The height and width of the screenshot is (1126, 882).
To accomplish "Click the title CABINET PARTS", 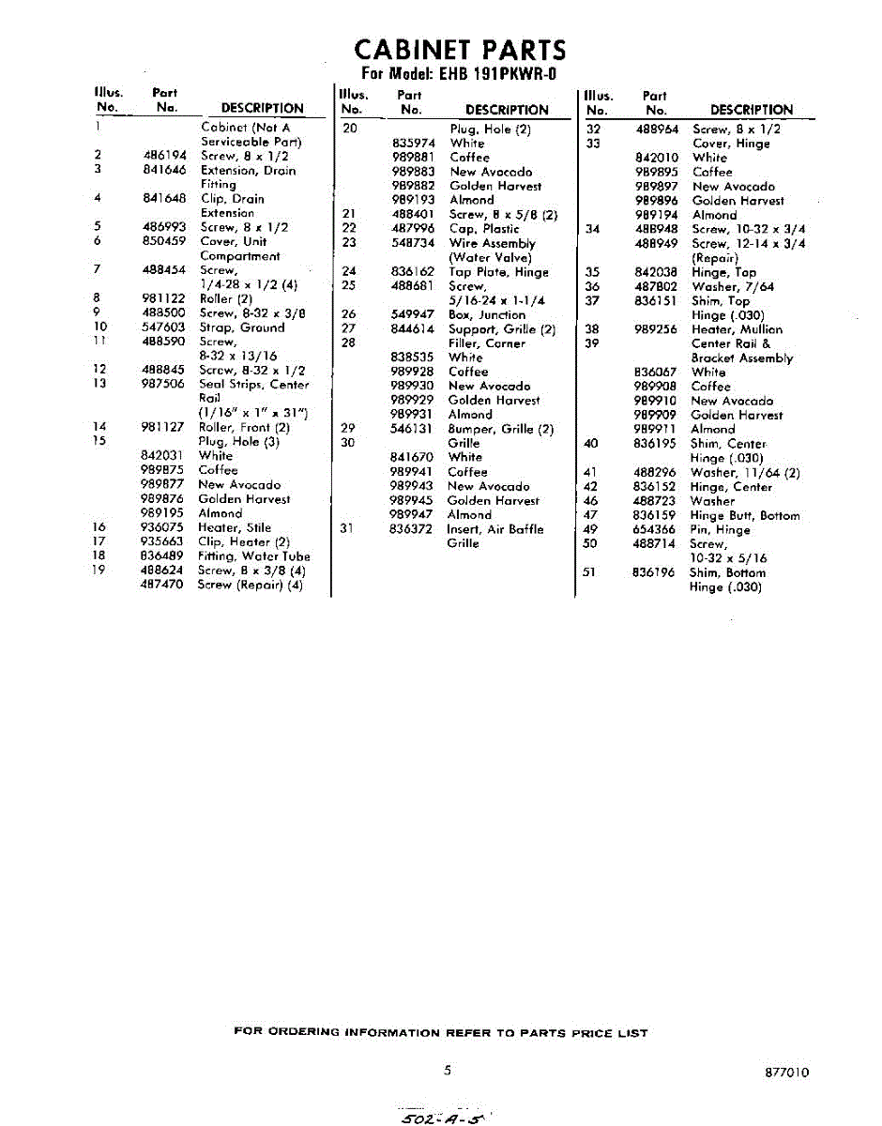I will coord(459,50).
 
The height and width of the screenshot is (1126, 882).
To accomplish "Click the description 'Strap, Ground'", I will coord(242,327).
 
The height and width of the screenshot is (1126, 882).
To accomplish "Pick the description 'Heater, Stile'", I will coord(235,527).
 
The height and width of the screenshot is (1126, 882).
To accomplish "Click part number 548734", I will coord(413,243).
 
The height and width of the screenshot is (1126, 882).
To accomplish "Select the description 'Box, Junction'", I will coord(487,314).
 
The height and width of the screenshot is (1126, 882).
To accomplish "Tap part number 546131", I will coord(412,429).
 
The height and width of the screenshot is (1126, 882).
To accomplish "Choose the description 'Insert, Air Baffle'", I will coord(494,529).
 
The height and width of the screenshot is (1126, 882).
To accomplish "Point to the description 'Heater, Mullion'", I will coord(737,329).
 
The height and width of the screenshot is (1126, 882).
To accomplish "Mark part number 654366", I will coord(655,529).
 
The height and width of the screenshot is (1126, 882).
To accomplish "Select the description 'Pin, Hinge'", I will coord(720,529).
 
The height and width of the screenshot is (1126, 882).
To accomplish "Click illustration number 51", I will coord(590,572).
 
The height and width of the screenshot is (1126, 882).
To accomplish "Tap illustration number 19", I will coord(99,570).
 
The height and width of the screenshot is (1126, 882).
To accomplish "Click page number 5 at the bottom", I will coord(448,1071).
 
